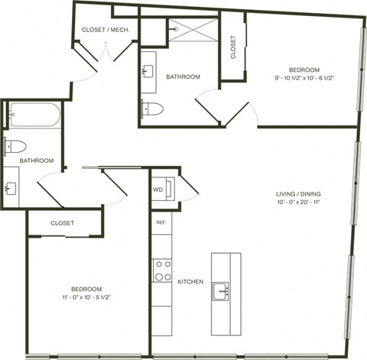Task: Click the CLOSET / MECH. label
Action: [x=105, y=30]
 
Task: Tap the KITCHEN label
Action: [x=190, y=282]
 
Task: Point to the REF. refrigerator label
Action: [x=161, y=222]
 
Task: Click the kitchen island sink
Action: [x=222, y=290]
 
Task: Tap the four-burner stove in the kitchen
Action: [x=162, y=270]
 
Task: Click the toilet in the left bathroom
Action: [x=18, y=146]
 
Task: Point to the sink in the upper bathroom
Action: [x=147, y=73]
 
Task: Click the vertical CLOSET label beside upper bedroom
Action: [x=233, y=47]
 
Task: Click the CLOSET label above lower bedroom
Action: [x=63, y=223]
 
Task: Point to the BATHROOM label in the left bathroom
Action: [x=36, y=161]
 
